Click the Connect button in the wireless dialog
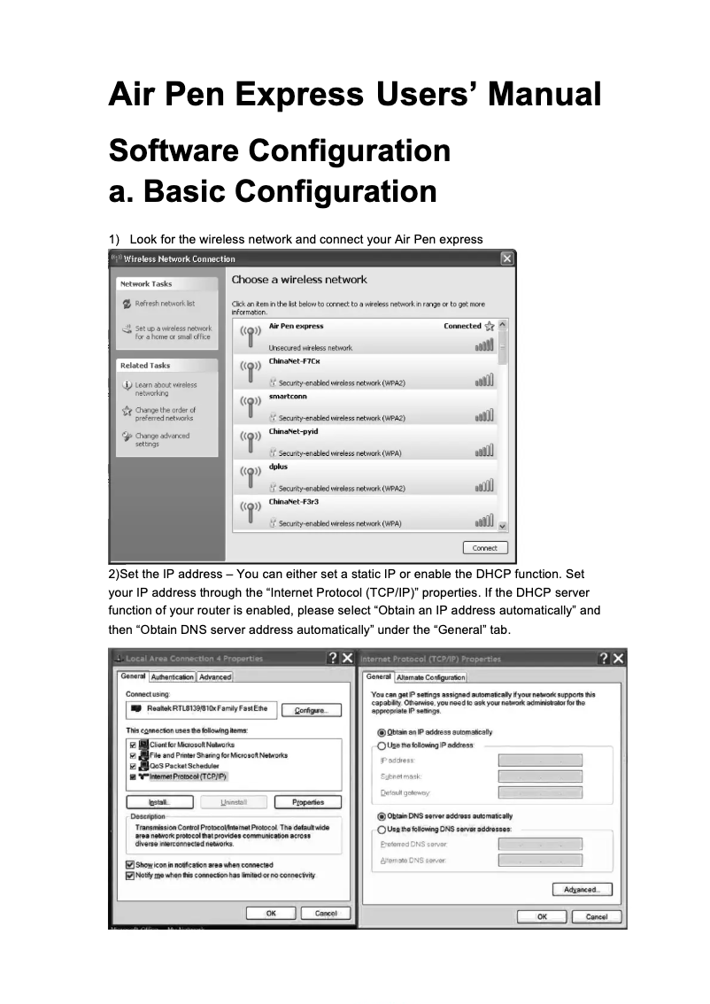(485, 548)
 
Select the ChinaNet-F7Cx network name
(292, 362)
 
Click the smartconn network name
(289, 397)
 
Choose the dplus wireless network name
(278, 467)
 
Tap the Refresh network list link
(165, 304)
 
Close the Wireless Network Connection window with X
(506, 259)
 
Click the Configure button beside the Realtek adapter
(312, 710)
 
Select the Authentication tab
(173, 677)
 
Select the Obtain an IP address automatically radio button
(382, 732)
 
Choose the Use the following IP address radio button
(382, 745)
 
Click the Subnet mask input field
(540, 776)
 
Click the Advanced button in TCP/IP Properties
(582, 890)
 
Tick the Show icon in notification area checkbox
(130, 864)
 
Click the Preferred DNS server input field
(540, 845)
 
